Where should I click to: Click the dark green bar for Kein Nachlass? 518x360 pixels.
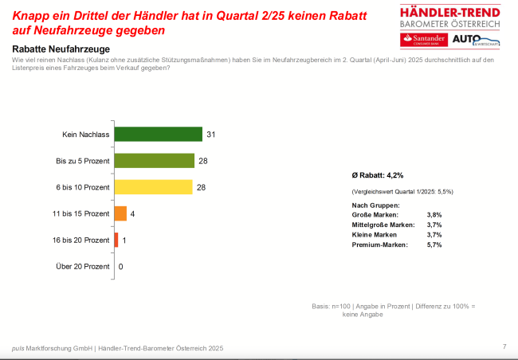(x=159, y=134)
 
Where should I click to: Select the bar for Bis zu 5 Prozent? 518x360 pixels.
(x=155, y=161)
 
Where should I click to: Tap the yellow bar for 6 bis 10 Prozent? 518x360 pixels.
(x=155, y=187)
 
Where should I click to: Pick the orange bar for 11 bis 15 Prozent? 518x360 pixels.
(x=121, y=213)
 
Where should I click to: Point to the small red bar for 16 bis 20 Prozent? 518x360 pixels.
(x=116, y=240)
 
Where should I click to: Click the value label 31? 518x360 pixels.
(x=211, y=134)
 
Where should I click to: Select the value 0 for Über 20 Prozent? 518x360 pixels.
(x=120, y=267)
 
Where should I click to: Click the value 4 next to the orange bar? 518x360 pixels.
(x=133, y=213)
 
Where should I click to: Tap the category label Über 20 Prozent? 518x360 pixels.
(x=83, y=267)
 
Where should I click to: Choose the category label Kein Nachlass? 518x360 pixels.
(x=85, y=134)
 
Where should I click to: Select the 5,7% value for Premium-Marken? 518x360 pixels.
(x=434, y=245)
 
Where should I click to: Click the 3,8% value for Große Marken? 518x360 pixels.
(x=434, y=215)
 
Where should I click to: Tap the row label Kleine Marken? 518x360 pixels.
(x=375, y=235)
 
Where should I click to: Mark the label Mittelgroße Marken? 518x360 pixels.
(x=382, y=225)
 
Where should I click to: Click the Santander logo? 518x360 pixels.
(x=423, y=40)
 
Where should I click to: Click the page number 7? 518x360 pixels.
(x=504, y=346)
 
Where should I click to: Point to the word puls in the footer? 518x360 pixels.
(x=18, y=348)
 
